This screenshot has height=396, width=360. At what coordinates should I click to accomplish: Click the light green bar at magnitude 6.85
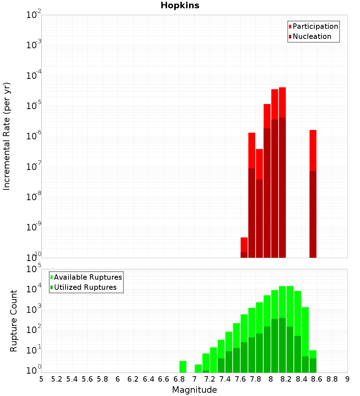point(183,366)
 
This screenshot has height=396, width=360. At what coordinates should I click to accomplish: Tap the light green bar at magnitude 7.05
point(198,368)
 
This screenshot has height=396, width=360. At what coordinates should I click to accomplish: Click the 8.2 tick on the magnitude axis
point(286,379)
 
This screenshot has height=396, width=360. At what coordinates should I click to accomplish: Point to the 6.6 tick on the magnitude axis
point(164,379)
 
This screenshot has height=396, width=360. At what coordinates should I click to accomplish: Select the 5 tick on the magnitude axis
point(41,379)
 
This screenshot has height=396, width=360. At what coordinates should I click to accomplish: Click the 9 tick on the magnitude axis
point(347,379)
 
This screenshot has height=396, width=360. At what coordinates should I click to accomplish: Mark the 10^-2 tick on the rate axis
point(34,15)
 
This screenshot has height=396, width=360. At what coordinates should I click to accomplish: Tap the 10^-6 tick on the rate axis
point(34,136)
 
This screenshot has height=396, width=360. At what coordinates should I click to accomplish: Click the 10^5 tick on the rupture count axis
point(34,269)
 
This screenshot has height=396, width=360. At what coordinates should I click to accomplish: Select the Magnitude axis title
point(194,390)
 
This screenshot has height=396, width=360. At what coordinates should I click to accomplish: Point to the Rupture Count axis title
point(14,321)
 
